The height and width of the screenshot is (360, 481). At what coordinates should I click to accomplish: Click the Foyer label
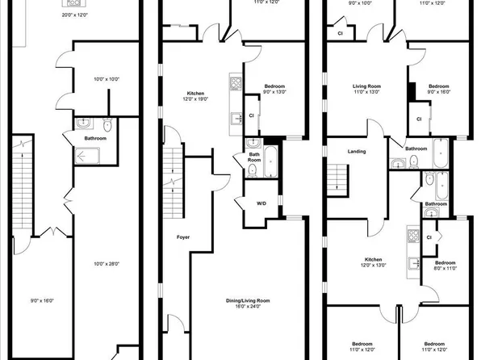pyautogui.click(x=183, y=237)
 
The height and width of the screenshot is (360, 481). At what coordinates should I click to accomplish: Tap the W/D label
pyautogui.click(x=261, y=203)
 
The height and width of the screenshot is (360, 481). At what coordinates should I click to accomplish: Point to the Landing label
pyautogui.click(x=356, y=151)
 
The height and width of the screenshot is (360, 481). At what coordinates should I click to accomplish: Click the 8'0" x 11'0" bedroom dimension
pyautogui.click(x=445, y=270)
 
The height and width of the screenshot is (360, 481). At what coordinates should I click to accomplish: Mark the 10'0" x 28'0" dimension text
pyautogui.click(x=107, y=263)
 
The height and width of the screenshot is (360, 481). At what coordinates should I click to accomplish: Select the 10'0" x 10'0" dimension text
pyautogui.click(x=107, y=79)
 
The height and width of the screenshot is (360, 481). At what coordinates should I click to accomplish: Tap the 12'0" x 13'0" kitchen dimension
pyautogui.click(x=372, y=266)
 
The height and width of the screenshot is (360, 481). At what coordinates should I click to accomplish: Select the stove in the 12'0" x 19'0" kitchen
pyautogui.click(x=235, y=82)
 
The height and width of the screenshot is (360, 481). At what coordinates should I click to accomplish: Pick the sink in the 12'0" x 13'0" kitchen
pyautogui.click(x=413, y=263)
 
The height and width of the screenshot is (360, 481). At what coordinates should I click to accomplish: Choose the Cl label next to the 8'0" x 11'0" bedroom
pyautogui.click(x=429, y=237)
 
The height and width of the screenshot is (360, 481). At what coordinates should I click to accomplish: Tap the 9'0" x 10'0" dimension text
pyautogui.click(x=359, y=3)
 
